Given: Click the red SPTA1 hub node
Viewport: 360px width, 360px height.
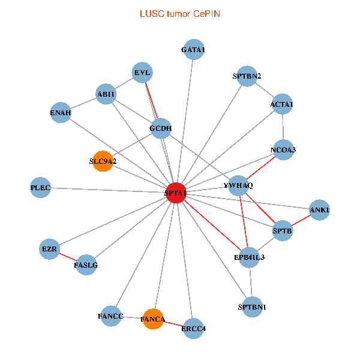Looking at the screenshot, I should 176,193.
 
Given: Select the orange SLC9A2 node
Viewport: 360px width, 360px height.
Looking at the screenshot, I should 103,161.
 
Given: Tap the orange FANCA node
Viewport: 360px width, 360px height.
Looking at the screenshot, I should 152,319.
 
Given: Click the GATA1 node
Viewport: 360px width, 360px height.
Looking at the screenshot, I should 193,50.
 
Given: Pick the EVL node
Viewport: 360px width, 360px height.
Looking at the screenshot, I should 143,73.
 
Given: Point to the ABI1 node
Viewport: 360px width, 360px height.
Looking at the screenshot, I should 106,94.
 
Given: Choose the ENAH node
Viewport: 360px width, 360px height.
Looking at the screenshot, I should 61,112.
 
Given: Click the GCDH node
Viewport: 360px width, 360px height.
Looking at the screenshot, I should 161,128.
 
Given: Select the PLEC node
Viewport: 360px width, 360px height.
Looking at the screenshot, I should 41,188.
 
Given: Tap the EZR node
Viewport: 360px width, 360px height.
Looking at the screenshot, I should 49,248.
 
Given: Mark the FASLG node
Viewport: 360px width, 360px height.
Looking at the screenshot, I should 85,265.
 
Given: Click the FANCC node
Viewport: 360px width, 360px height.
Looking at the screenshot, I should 111,316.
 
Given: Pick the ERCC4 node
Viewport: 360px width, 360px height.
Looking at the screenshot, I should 193,328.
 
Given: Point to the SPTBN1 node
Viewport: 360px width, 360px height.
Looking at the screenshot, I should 252,307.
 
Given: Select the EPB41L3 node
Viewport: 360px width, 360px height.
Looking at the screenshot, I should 250,257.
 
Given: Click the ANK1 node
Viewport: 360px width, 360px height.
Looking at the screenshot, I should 320,210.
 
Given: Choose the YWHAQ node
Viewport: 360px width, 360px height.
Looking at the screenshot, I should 242,185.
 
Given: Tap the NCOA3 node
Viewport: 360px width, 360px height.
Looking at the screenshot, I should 283,149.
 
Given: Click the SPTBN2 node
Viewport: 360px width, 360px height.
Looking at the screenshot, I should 247,76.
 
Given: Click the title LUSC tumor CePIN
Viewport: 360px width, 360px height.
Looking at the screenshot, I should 179,13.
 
